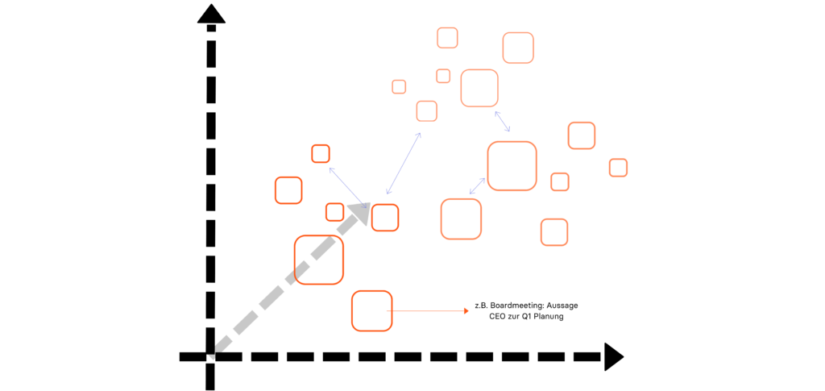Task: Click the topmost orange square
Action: [x=447, y=38]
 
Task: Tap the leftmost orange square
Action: [x=288, y=190]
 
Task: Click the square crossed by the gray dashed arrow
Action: [x=319, y=260]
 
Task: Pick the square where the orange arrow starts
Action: [x=372, y=311]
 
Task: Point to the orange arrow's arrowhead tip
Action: [x=468, y=310]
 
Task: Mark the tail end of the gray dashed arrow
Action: [x=212, y=356]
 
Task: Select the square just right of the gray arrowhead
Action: [x=385, y=218]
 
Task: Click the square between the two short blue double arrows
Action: [x=512, y=166]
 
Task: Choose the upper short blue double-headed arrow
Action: [x=502, y=121]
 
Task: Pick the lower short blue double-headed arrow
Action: [x=477, y=186]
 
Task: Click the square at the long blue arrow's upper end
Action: [x=427, y=111]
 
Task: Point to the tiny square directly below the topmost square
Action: [x=443, y=76]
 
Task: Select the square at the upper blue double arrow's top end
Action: [x=479, y=88]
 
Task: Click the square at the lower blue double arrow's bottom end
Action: [x=461, y=218]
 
